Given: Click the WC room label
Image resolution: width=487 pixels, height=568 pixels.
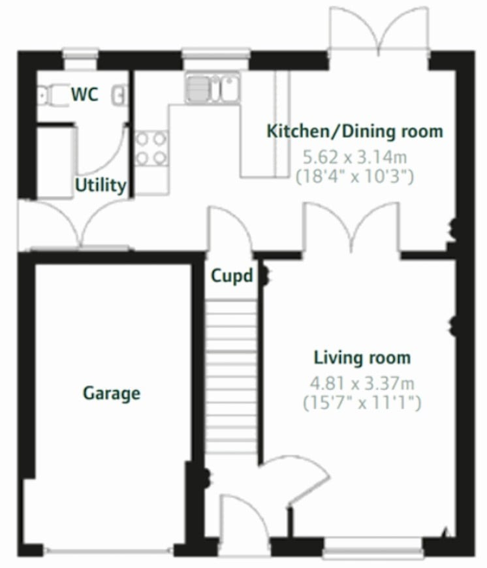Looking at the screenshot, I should (x=85, y=95).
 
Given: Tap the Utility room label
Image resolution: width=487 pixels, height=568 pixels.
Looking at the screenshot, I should (x=101, y=185).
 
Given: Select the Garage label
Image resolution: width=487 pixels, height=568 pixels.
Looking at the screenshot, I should (x=112, y=393).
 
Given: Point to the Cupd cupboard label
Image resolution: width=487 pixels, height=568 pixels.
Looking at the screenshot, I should (x=232, y=276).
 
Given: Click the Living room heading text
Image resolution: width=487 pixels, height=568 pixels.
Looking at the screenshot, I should (x=362, y=358).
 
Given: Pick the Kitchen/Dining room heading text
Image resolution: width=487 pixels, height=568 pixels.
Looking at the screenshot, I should (x=354, y=131).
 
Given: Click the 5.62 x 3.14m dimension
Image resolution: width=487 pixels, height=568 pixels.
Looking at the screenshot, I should (x=354, y=157).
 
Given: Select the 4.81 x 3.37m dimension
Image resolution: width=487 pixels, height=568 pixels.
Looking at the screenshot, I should (x=362, y=383).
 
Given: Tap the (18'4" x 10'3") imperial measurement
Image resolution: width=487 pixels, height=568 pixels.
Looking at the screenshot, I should (x=355, y=176).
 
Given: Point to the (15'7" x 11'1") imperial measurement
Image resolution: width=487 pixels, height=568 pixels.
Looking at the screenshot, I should (x=362, y=403).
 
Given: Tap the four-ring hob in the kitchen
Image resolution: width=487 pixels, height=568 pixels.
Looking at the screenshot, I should (x=151, y=148).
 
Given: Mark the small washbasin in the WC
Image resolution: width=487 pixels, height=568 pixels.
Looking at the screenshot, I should (x=119, y=95).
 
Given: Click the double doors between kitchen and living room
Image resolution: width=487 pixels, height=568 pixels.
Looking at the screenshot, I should (x=351, y=229).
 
